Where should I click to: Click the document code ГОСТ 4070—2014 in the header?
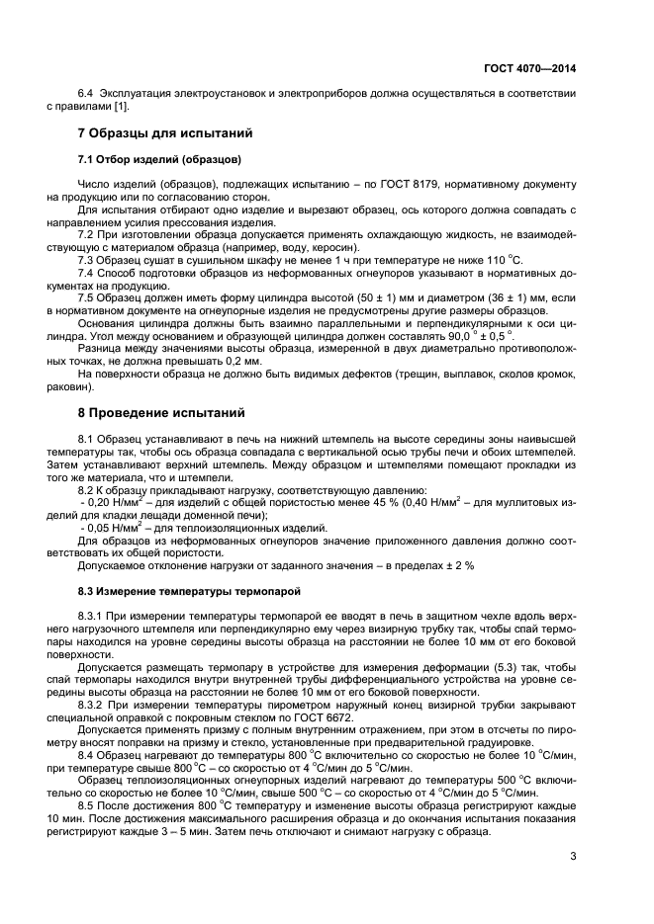(530, 68)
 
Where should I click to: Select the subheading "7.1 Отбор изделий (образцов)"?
(160, 159)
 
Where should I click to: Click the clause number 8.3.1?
(93, 615)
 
